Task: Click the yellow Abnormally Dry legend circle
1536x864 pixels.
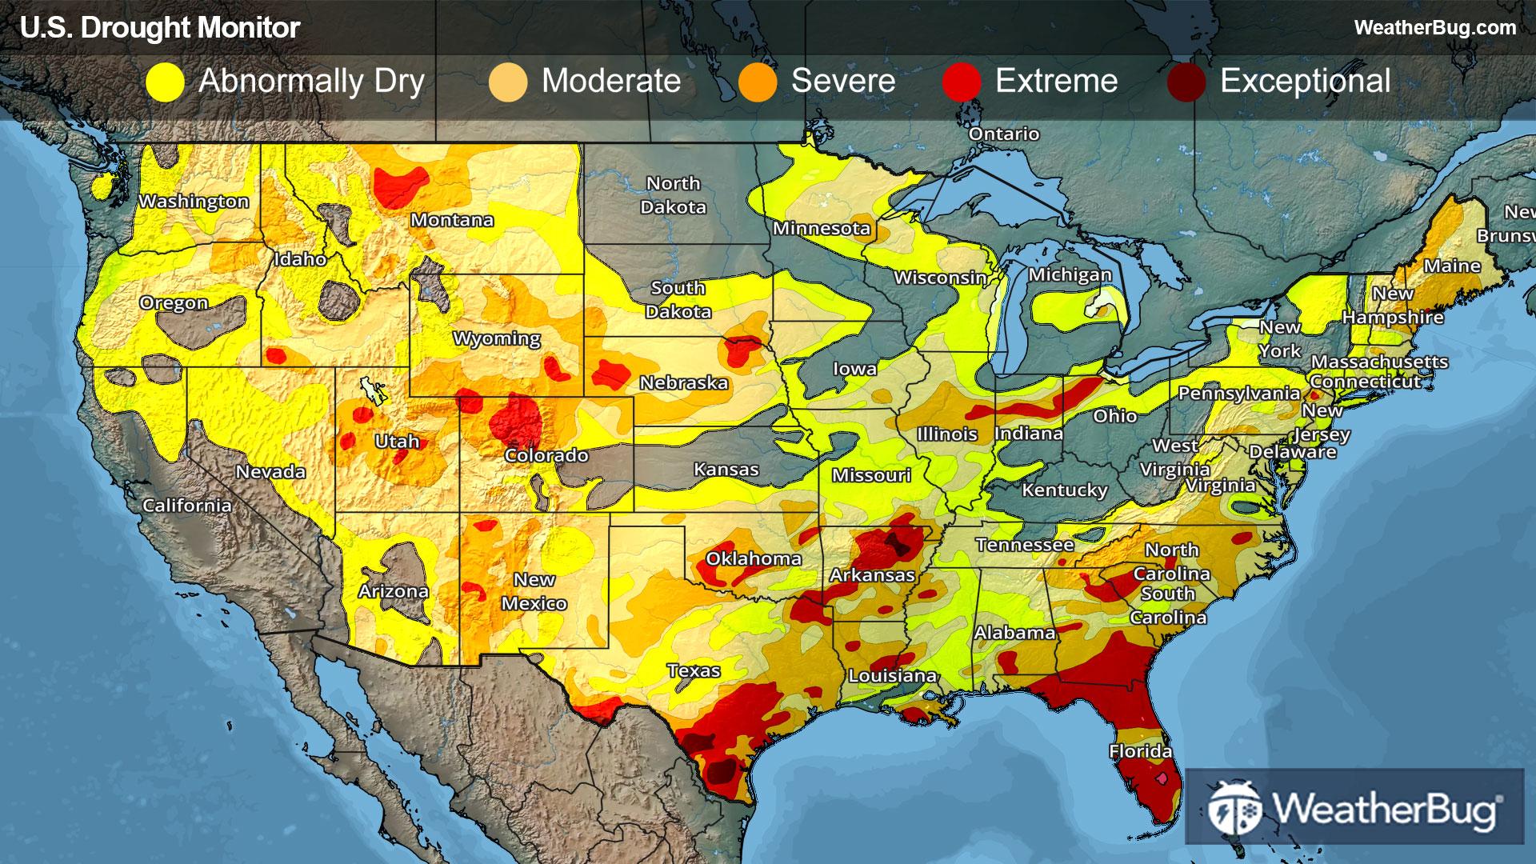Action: pos(166,82)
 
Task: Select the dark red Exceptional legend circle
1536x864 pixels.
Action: pos(1186,82)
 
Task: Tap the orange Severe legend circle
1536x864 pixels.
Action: pos(758,82)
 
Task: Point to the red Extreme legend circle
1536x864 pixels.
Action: pos(962,82)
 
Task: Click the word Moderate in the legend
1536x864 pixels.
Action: pos(611,81)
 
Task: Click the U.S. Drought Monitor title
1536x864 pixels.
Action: pos(160,28)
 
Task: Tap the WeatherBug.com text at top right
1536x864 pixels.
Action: pos(1434,27)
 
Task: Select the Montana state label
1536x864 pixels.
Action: pos(452,220)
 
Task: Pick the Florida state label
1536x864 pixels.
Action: pos(1140,751)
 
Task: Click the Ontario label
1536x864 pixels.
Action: pos(1004,134)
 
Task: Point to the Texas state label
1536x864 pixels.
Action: pos(694,670)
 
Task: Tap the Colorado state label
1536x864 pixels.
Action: pos(546,455)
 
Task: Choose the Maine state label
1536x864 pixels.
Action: pos(1452,266)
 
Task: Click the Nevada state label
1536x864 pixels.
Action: pos(270,471)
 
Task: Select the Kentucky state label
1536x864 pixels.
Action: pos(1064,490)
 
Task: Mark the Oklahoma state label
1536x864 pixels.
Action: pos(754,558)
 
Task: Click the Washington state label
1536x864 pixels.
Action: pos(194,202)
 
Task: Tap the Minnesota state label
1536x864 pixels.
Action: pos(821,229)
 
